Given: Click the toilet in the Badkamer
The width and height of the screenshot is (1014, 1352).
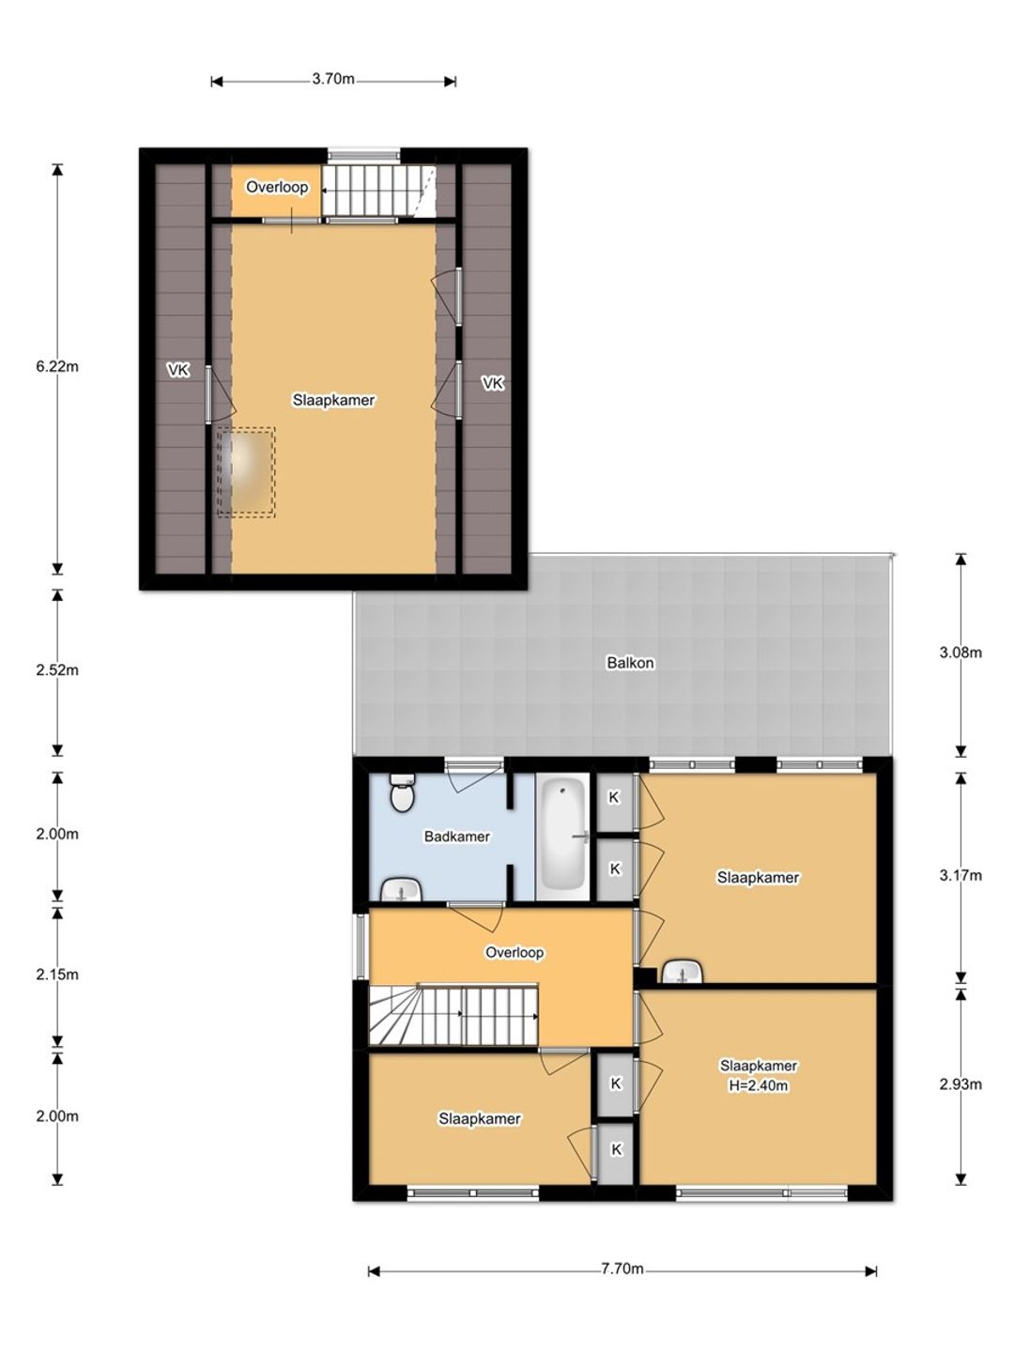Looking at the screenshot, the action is pos(403,793).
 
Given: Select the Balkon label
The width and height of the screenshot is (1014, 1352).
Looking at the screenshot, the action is pos(630,663).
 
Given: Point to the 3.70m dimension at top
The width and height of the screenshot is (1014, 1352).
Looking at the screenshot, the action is pos(333,79).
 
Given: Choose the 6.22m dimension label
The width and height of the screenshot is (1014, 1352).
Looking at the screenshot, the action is pos(57,366).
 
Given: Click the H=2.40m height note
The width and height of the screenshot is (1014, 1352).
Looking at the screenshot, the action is pos(758,1085).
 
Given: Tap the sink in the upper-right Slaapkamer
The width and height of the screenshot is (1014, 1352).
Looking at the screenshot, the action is pos(684,972).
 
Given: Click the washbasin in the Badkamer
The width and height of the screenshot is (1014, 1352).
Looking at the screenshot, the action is pos(401,891).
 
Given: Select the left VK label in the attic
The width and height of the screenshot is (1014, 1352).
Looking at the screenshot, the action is pos(178,370).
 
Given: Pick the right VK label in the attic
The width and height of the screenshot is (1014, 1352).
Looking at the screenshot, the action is pos(492,383).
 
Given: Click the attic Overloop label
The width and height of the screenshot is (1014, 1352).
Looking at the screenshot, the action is pos(277,187).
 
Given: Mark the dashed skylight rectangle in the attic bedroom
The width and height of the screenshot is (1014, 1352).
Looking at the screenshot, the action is pos(246,472).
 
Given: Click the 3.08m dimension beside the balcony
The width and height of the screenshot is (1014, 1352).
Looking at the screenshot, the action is pos(960,653).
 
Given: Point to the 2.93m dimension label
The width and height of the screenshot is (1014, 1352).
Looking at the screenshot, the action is pos(960,1084).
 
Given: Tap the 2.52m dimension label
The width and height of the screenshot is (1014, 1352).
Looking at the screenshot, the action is pos(57,669).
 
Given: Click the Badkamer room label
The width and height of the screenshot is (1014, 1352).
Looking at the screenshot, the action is pos(457,836).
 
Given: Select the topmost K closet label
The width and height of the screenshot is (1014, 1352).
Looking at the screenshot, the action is pos(614,798).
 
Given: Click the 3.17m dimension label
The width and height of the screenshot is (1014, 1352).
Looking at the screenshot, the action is pos(960,875).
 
